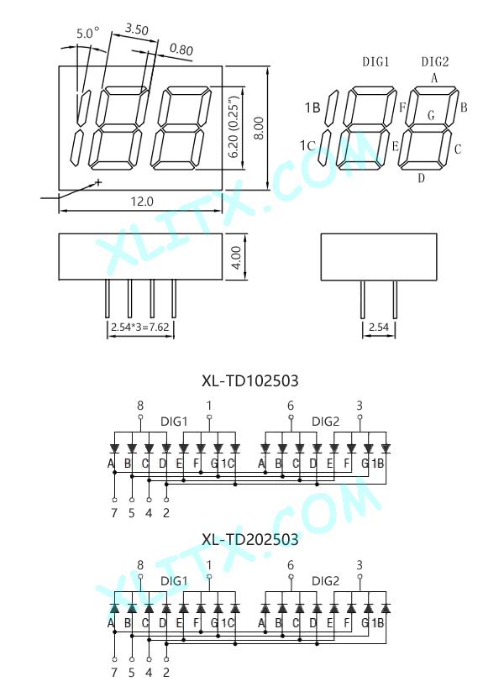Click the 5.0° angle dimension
click(87, 34)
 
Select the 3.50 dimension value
click(136, 29)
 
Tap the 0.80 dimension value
click(181, 49)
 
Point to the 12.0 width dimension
click(142, 202)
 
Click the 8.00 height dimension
click(259, 128)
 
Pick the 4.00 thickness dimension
click(236, 257)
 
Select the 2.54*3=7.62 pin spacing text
click(140, 328)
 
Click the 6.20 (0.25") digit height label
click(234, 127)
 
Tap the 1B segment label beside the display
click(312, 107)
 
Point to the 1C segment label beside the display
click(307, 146)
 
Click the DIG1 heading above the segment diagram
click(375, 62)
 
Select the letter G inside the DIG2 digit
click(431, 116)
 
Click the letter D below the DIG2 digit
click(422, 178)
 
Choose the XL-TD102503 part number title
click(250, 381)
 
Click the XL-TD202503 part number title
click(250, 540)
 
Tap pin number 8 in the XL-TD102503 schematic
click(140, 406)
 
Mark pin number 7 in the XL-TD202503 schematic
click(114, 673)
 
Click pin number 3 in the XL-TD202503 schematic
click(360, 565)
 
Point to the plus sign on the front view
click(98, 181)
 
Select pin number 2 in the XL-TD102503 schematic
click(166, 513)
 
